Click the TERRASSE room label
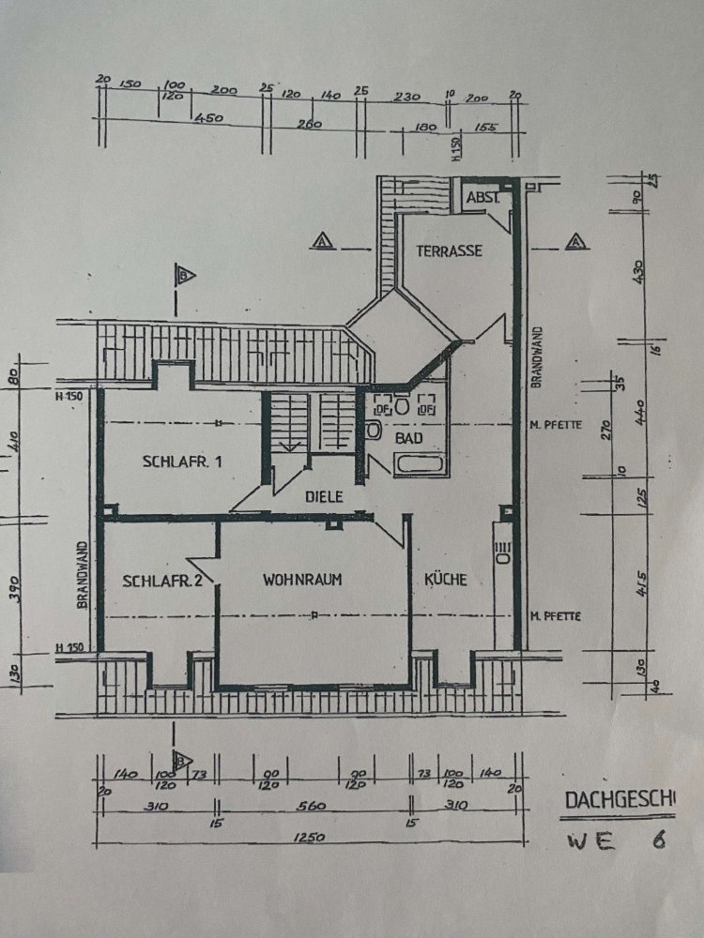tap(449, 250)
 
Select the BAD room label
tap(408, 438)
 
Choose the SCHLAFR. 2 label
tap(162, 581)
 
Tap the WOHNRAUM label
tap(302, 580)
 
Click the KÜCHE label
tap(445, 580)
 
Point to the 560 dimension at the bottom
tap(311, 805)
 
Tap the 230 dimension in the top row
tap(406, 95)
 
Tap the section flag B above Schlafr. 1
tap(185, 275)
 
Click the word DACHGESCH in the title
tap(619, 799)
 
